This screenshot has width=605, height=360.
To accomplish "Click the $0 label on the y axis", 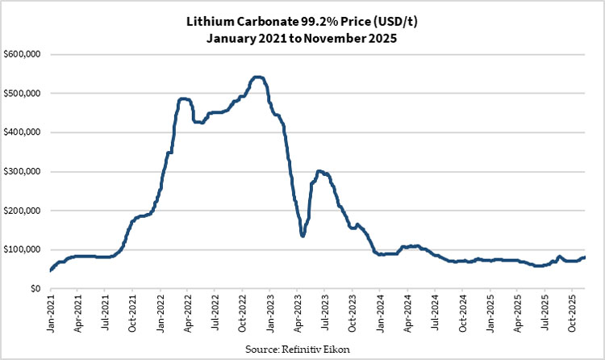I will point(34,288).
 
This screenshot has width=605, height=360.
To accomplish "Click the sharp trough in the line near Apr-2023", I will point(302,235).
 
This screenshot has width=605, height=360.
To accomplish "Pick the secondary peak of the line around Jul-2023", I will point(320,171).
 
